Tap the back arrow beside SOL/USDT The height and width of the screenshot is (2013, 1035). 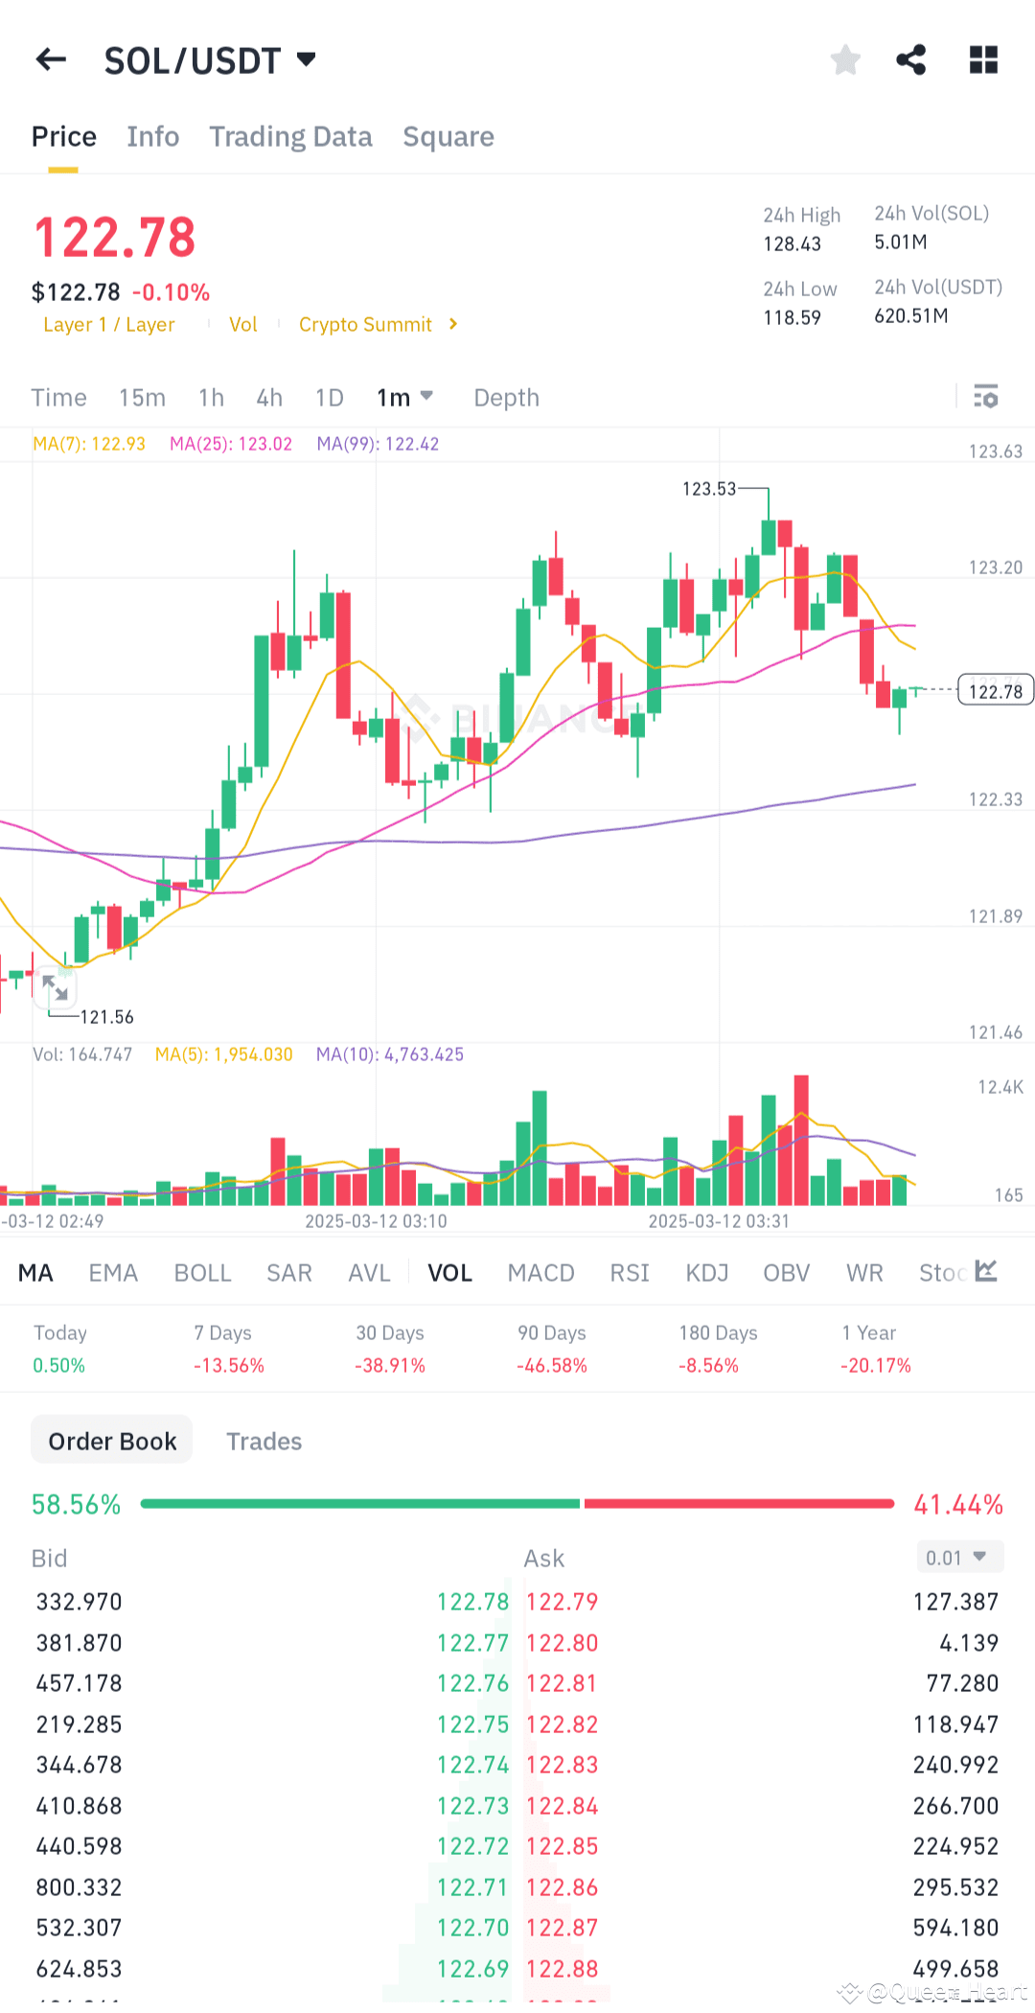coord(52,60)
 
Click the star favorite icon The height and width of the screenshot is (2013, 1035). coord(845,60)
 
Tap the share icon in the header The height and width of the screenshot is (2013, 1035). coord(910,60)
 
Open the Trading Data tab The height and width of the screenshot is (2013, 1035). coord(290,137)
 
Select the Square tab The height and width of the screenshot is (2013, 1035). coord(448,137)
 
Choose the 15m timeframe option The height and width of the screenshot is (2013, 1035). coord(142,398)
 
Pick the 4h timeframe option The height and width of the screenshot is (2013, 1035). coord(269,398)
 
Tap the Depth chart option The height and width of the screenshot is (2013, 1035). coord(506,398)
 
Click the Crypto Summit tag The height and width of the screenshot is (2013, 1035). coord(366,325)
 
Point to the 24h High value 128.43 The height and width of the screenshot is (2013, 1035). coord(792,244)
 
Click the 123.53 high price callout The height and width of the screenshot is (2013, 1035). coord(709,489)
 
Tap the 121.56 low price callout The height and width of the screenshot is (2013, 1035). coord(106,1017)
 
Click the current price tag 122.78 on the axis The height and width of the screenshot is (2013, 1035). coord(995,691)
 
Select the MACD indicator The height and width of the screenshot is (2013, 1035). coord(540,1273)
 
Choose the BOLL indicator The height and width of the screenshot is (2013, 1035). coord(202,1273)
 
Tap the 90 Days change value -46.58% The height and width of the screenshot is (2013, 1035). coord(552,1365)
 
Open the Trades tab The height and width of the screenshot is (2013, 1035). coord(264,1442)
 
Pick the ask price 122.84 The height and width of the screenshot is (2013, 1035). coord(563,1806)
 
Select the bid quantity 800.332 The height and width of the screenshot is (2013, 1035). coord(80,1887)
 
